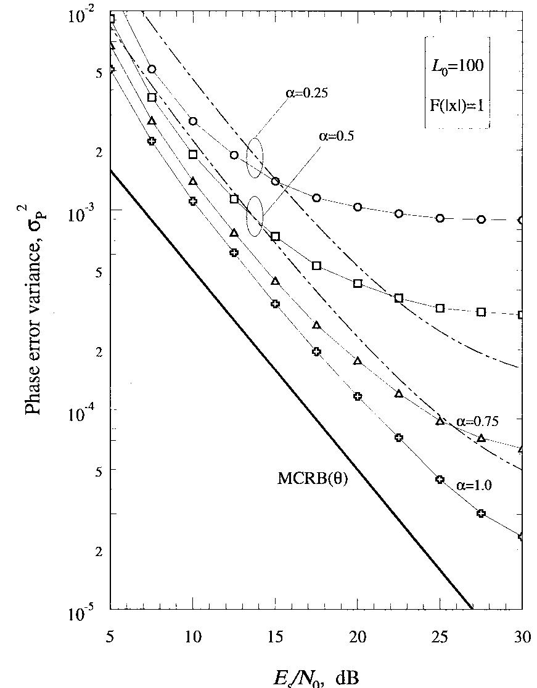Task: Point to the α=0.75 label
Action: click(x=477, y=422)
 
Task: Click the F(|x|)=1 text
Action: click(x=457, y=102)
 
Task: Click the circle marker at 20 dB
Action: click(x=358, y=207)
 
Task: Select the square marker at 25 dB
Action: click(x=440, y=308)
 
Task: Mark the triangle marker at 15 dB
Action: click(x=275, y=281)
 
